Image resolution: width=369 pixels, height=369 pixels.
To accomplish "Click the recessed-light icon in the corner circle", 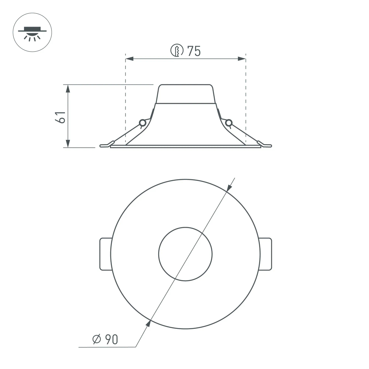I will click(x=32, y=32).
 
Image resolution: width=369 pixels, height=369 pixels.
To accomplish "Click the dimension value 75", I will click(x=194, y=51).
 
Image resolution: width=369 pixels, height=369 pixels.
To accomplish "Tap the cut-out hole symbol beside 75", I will click(x=177, y=51).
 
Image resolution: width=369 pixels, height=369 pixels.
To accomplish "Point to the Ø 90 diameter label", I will click(x=105, y=339).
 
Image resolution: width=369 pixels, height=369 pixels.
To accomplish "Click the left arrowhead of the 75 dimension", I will click(x=130, y=59).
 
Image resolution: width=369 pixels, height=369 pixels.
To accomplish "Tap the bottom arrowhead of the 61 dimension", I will click(x=68, y=144).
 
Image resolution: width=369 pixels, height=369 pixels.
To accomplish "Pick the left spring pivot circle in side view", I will click(x=142, y=123).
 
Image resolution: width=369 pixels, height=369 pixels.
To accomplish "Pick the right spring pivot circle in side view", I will click(x=229, y=123).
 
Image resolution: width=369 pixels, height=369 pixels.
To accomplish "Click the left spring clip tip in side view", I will click(x=105, y=145).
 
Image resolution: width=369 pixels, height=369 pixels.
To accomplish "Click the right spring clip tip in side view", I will click(x=266, y=145).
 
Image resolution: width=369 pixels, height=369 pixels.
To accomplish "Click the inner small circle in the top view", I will click(x=185, y=254).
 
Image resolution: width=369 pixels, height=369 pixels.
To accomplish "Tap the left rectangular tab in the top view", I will click(x=106, y=254).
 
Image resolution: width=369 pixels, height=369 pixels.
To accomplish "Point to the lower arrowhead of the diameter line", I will click(x=148, y=324).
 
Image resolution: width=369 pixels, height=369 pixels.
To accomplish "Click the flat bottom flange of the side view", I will click(x=185, y=146).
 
